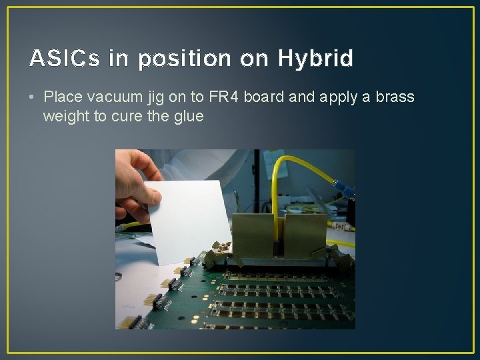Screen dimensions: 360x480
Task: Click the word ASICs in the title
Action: [x=64, y=59]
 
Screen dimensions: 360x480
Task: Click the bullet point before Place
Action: [x=33, y=97]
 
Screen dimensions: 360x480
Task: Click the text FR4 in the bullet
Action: [x=221, y=97]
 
